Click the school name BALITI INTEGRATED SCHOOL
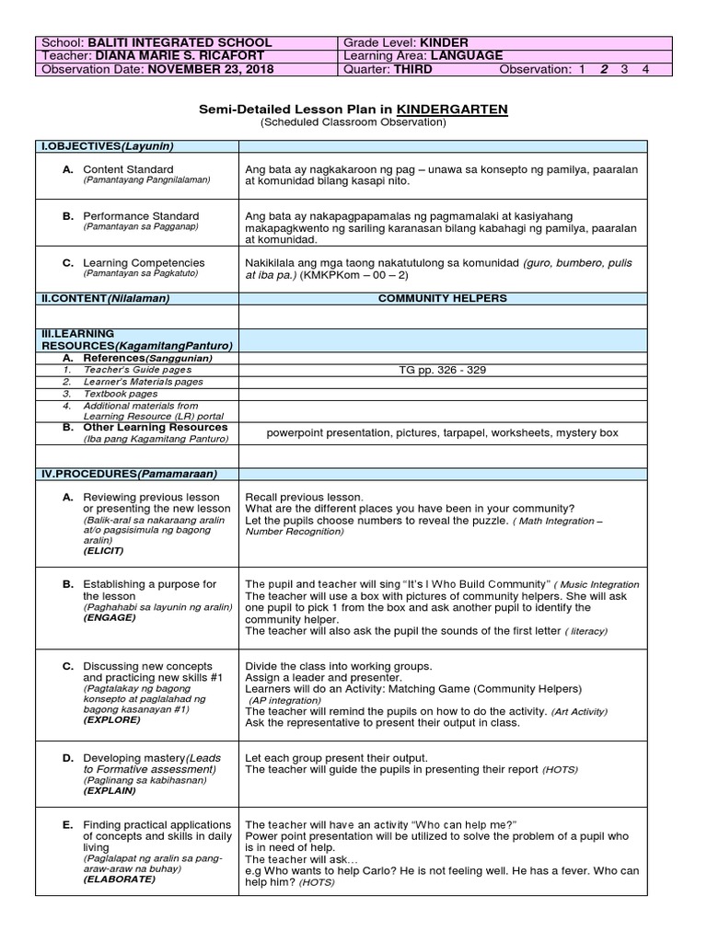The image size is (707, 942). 179,42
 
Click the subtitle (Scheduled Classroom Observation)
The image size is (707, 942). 353,122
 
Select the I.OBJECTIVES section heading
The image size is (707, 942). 107,146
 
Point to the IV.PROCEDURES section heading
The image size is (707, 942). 127,474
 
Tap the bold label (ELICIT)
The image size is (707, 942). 104,550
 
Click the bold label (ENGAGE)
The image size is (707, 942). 109,617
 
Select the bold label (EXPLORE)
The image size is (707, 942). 111,719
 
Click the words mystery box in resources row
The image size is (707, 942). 585,432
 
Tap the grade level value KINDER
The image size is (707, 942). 444,42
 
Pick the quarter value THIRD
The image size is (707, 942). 412,69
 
